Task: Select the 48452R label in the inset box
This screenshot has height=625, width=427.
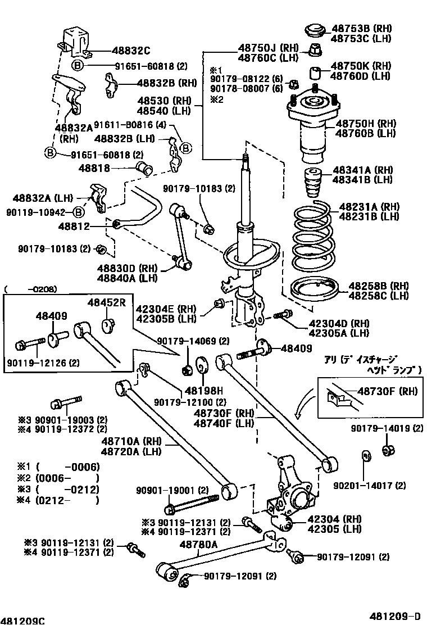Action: [106, 302]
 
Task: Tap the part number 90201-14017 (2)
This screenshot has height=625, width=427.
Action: [369, 485]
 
